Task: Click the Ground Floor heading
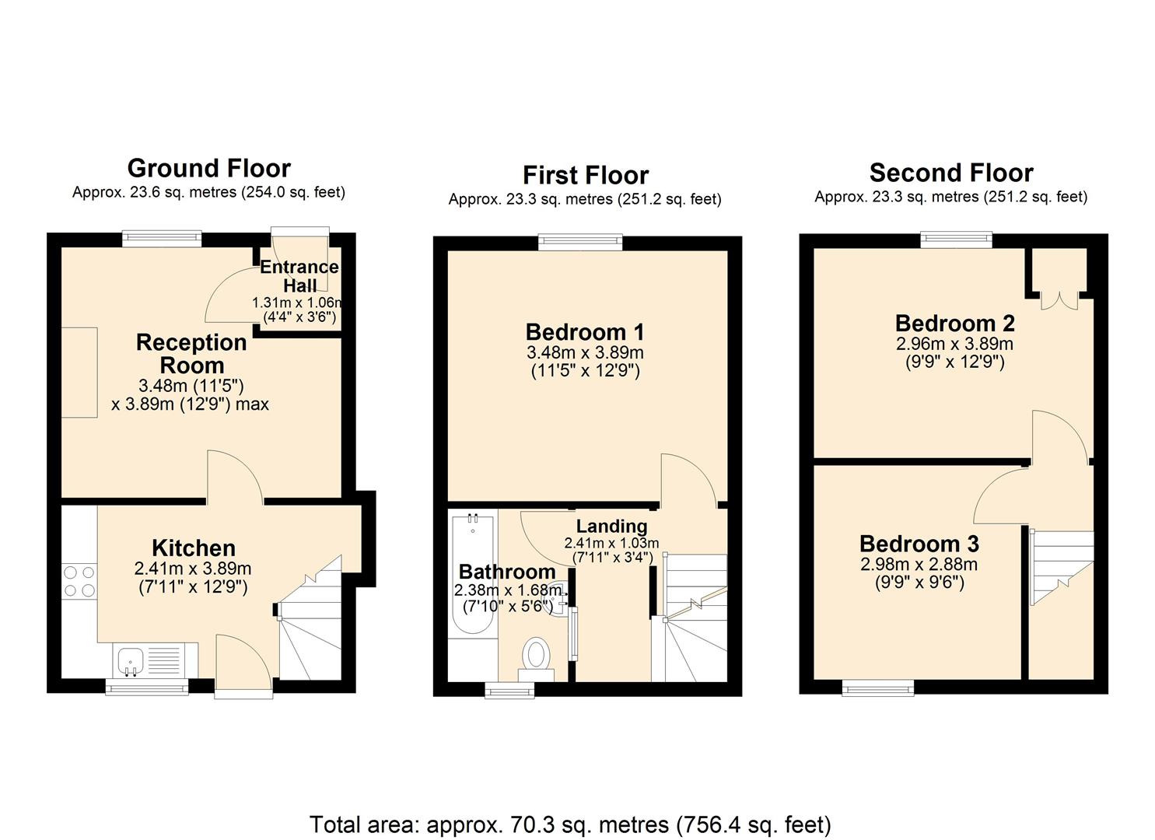point(208,168)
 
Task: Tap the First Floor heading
point(585,175)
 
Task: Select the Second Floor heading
point(950,173)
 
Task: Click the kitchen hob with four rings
point(79,581)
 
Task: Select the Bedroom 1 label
point(585,333)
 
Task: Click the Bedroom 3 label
point(919,543)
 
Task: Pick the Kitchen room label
point(193,548)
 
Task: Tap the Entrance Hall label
point(299,276)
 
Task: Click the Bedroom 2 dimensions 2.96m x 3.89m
point(954,344)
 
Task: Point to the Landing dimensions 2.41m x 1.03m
point(611,543)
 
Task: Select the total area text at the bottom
point(570,824)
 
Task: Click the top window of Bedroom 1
point(581,243)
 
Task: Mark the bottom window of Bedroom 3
point(878,687)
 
